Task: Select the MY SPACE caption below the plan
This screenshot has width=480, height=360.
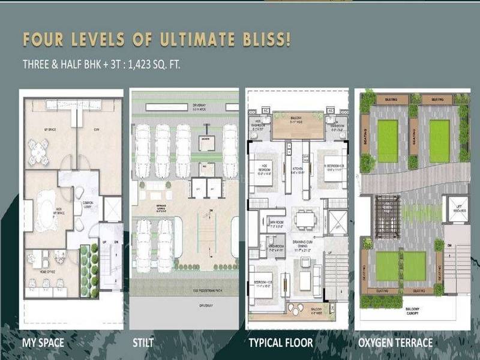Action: pyautogui.click(x=43, y=343)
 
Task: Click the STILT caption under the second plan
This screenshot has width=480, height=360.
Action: pyautogui.click(x=143, y=343)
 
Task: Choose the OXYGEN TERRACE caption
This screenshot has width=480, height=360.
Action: pyautogui.click(x=395, y=343)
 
